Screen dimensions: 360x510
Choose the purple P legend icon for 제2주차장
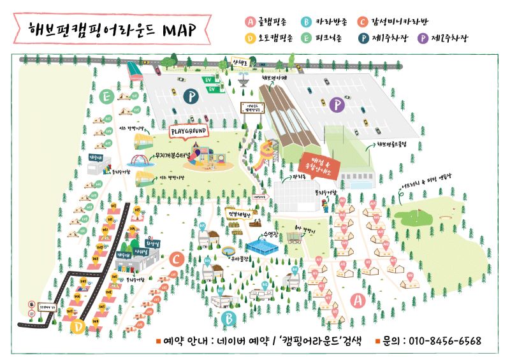[422, 38]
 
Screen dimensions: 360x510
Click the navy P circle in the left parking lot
[189, 96]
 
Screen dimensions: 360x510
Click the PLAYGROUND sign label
[191, 131]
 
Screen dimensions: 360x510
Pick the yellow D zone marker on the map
[78, 327]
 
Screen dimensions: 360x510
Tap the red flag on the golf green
[420, 212]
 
